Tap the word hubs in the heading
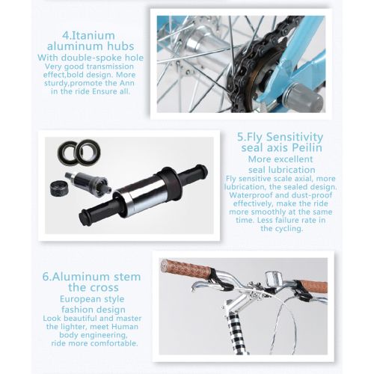click(x=120, y=46)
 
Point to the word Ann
click(x=126, y=83)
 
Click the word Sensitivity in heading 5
click(x=295, y=137)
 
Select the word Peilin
click(x=307, y=147)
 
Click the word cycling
click(x=289, y=228)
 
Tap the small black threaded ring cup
click(x=58, y=188)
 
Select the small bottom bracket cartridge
click(x=88, y=183)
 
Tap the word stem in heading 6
click(x=127, y=277)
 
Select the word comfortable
click(x=114, y=343)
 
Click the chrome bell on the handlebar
click(x=274, y=278)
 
